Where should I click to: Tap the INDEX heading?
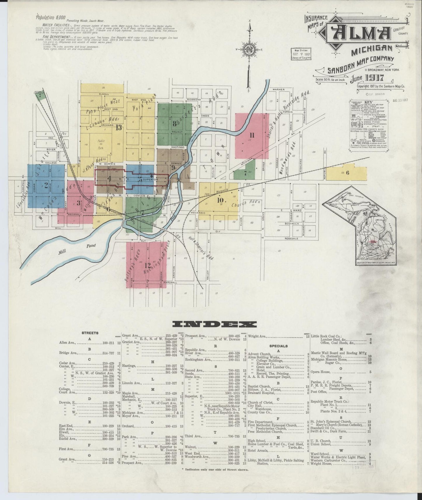[x=215, y=324]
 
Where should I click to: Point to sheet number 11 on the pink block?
[x=252, y=135]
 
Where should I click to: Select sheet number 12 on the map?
[x=147, y=265]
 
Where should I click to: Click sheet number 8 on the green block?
[x=174, y=123]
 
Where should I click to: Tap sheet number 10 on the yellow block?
[x=220, y=200]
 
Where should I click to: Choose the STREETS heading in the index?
[x=90, y=333]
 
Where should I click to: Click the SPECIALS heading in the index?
[x=278, y=346]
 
